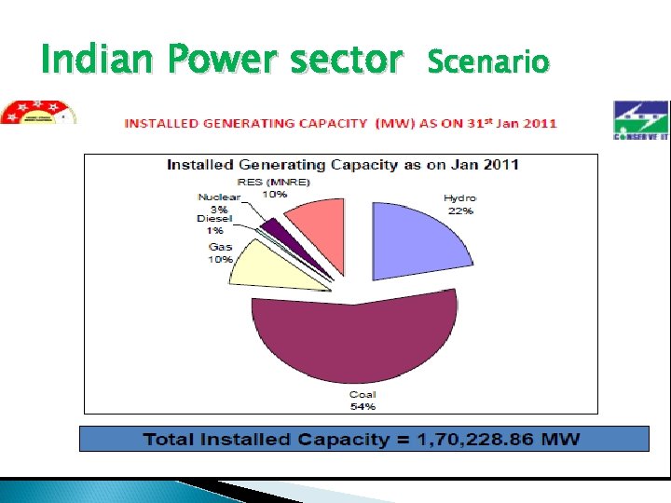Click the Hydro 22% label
459,204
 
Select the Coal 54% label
363,401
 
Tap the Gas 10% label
221,252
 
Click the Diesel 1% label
214,224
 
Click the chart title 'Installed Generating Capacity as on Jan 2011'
343,165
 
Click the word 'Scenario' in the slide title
488,62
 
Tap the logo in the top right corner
641,120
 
